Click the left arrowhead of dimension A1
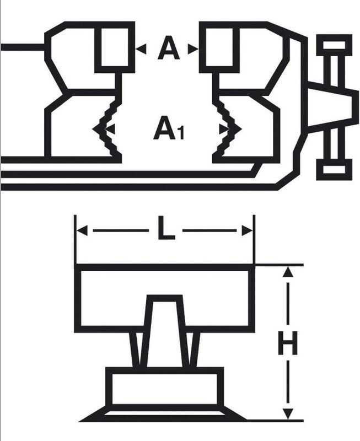tap(109, 129)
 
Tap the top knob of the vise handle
tap(334, 45)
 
